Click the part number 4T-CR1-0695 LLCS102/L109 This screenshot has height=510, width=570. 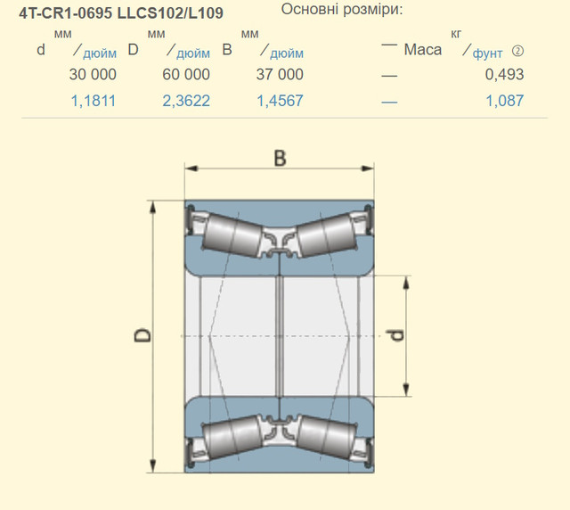[121, 13]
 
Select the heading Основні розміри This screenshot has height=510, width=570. [342, 10]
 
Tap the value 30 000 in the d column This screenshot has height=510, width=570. [93, 75]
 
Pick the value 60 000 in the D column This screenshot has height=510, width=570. [186, 75]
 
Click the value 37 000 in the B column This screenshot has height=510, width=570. [280, 75]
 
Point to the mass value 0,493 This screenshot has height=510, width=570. [505, 75]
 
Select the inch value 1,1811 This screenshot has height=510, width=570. [93, 101]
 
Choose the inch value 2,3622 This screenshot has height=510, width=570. [186, 101]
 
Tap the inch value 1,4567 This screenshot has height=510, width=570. [280, 101]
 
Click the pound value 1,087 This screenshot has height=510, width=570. [505, 101]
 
